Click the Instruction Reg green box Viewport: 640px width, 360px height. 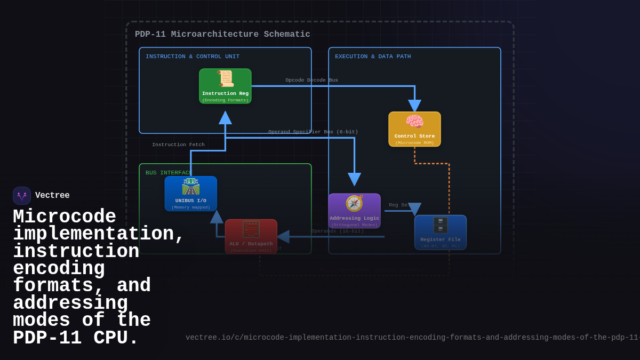(x=225, y=86)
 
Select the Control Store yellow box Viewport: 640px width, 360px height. (x=414, y=129)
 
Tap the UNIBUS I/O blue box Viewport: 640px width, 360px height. (x=191, y=194)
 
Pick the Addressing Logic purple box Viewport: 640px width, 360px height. (x=354, y=211)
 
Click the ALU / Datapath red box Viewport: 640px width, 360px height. (x=251, y=236)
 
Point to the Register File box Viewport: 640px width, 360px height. (x=440, y=233)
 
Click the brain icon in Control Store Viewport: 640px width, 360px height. (x=414, y=122)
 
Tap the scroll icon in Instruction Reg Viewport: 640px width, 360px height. (x=226, y=79)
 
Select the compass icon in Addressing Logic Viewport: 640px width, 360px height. (x=354, y=203)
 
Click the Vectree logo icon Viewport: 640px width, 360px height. (x=22, y=196)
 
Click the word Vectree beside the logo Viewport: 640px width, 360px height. (x=52, y=196)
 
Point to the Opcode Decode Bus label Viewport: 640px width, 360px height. (x=311, y=81)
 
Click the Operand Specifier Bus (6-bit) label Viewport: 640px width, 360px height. (x=313, y=132)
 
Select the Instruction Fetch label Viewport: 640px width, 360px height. (x=178, y=145)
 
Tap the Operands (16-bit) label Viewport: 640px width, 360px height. (x=338, y=231)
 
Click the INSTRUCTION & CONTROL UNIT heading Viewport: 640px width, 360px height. (x=193, y=57)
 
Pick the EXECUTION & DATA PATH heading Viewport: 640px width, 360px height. (x=373, y=57)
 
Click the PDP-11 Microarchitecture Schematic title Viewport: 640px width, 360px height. (x=222, y=35)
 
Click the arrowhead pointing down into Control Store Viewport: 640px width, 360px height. (x=414, y=106)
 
